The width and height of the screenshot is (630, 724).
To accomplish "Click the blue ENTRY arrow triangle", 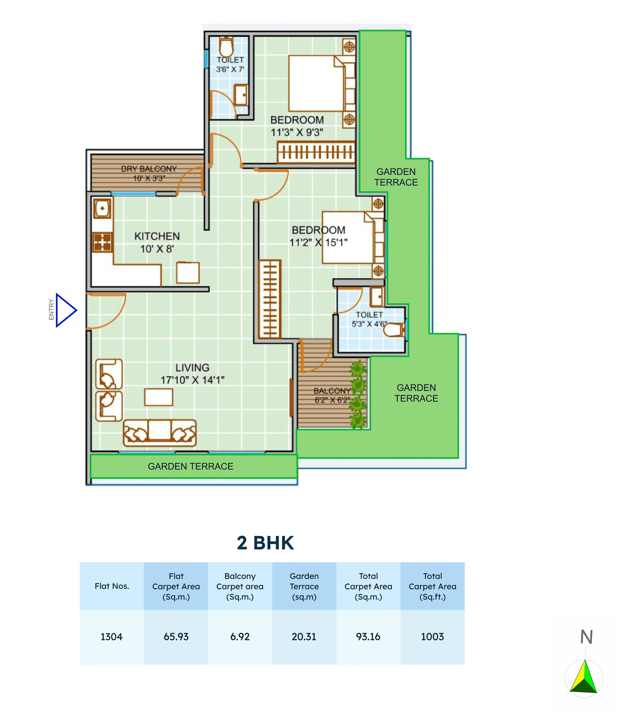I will [x=65, y=310].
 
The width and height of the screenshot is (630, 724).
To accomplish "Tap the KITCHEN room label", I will [x=157, y=237].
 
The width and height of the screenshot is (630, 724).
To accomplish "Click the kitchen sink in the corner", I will [x=102, y=208].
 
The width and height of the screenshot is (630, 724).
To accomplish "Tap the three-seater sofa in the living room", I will [x=160, y=433].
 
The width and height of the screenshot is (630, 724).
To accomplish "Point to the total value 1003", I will [x=432, y=637].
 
